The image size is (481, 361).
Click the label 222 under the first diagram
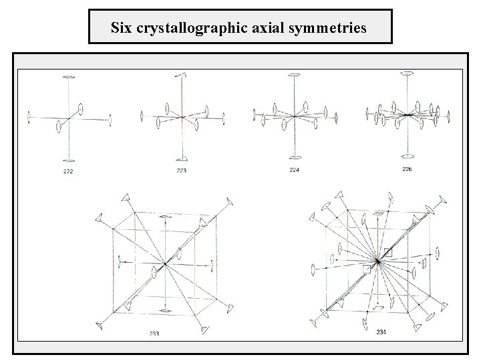coord(68,172)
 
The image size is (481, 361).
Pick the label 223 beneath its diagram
coord(182,170)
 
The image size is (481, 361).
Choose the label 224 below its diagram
coord(295,170)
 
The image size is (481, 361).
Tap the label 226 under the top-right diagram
coord(407,168)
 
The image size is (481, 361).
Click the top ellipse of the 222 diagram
coord(69,76)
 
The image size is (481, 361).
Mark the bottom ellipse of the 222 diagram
coord(69,160)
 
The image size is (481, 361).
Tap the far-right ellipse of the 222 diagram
coord(110,121)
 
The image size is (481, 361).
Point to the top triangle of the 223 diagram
coord(182,76)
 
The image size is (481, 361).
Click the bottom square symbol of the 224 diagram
coord(295,158)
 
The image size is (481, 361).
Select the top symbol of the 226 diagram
coord(407,74)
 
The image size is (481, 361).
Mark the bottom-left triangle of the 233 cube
coord(100,325)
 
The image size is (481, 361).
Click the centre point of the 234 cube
coord(378,261)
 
